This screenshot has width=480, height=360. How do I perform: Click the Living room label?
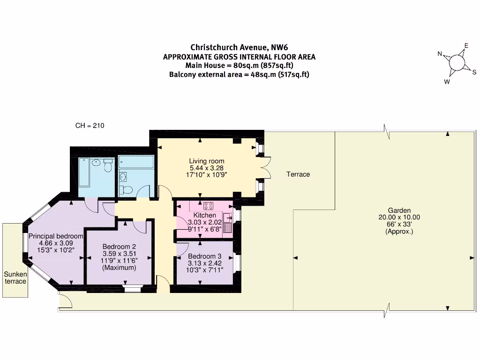[207, 161]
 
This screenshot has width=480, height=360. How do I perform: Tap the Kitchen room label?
[205, 215]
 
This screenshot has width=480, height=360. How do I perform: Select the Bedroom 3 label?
[204, 256]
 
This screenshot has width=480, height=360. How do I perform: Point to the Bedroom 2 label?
[119, 247]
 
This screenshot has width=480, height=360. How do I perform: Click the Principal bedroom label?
[56, 236]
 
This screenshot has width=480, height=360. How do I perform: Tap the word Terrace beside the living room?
[298, 174]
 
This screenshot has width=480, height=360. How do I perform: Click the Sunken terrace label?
[15, 277]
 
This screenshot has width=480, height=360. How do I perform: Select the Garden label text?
[399, 210]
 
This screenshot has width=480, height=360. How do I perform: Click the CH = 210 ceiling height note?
[90, 126]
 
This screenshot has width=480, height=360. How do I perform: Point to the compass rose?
[457, 63]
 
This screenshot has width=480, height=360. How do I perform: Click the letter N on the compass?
[440, 54]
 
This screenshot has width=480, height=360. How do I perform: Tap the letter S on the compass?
[474, 72]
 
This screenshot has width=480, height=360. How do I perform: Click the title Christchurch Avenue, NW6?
[239, 47]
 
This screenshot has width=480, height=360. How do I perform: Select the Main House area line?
[239, 65]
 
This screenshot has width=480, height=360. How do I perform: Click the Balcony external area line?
[239, 75]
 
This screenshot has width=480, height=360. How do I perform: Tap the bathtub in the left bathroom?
[84, 172]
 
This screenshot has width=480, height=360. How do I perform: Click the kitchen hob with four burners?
[209, 206]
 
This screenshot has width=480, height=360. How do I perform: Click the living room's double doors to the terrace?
[265, 167]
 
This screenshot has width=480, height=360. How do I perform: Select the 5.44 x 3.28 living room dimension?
[207, 168]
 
